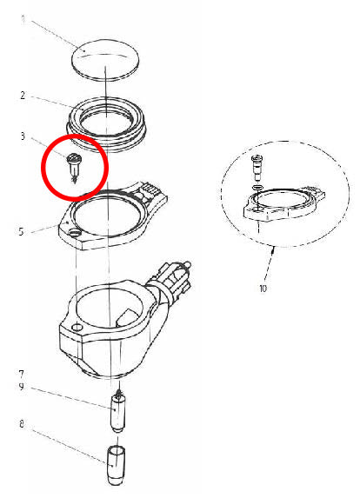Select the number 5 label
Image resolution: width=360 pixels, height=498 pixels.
[x=20, y=231]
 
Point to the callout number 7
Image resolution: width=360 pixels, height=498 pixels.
[x=20, y=375]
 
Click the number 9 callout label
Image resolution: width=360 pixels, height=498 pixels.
[x=20, y=387]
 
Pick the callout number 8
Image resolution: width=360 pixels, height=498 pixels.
[x=20, y=425]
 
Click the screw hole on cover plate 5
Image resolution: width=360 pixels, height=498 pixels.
[x=71, y=232]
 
